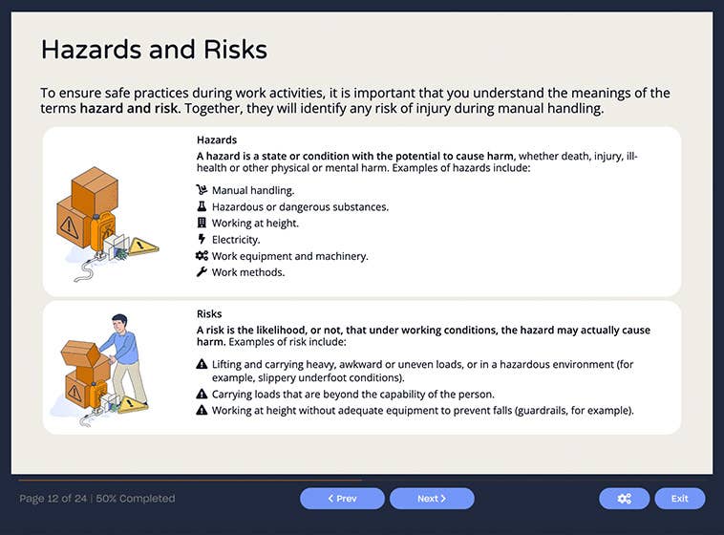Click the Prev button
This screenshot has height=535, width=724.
342,499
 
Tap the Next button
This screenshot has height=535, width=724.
432,499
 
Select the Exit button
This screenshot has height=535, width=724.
679,499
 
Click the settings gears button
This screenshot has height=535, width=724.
624,499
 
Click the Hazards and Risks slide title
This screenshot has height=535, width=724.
154,50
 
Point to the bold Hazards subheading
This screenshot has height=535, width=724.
217,140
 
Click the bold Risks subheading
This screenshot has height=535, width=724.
209,313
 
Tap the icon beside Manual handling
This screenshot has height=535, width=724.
202,190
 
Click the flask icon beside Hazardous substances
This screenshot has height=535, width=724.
202,206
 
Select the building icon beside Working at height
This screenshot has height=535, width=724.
202,223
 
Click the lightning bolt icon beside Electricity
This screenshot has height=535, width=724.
202,239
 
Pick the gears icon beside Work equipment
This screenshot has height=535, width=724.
202,256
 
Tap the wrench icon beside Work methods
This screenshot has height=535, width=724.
202,272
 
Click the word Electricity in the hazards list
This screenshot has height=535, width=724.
236,240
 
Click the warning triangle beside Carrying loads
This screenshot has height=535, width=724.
202,394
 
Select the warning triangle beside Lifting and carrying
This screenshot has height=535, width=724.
202,364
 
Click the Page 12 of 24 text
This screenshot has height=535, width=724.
53,499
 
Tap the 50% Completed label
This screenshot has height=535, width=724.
136,499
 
